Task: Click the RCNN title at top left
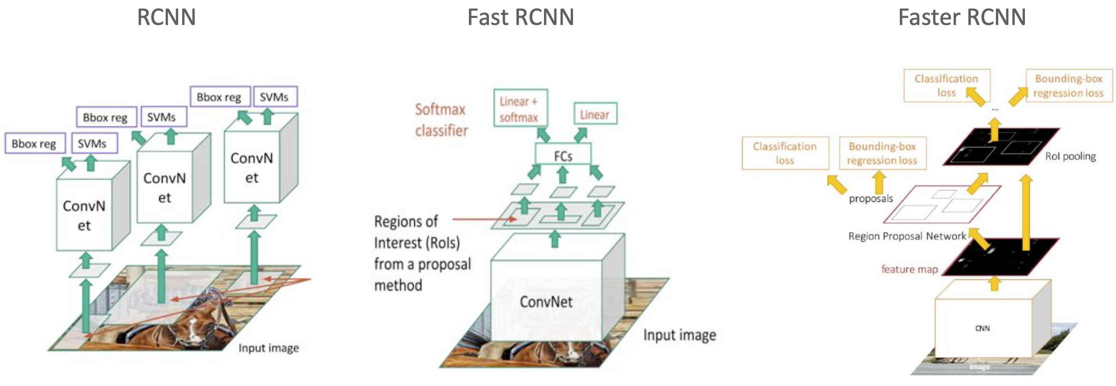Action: pos(166,17)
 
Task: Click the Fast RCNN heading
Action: pos(520,17)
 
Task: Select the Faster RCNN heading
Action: pos(962,17)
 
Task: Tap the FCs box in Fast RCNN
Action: pos(563,155)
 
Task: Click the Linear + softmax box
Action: pos(520,108)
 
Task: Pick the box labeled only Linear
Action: pos(595,114)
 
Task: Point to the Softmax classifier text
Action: pos(441,120)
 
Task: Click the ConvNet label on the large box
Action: pos(546,301)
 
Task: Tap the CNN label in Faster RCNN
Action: pos(982,328)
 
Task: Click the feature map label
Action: pos(909,269)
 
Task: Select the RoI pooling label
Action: pos(1070,156)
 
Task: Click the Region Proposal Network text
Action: pos(907,236)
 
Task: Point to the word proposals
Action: pos(871,198)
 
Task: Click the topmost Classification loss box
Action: pos(946,85)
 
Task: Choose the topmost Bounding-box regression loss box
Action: pos(1068,85)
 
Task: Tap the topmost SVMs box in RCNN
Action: pos(274,96)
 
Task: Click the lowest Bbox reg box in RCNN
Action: pos(34,143)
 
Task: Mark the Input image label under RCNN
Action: pos(268,348)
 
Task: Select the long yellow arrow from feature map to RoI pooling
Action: pos(1026,212)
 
